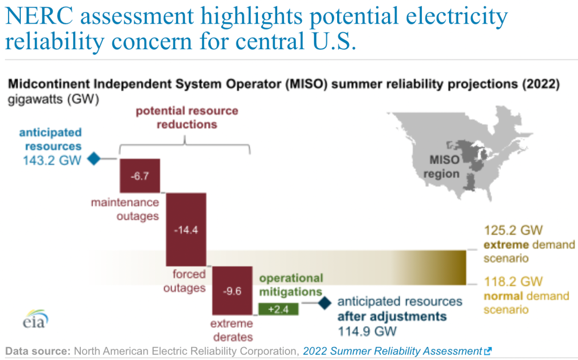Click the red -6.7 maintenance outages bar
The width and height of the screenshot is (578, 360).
coord(140,176)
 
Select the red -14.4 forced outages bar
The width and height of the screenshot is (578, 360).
coord(186,229)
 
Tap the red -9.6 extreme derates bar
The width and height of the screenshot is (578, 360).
coord(232,290)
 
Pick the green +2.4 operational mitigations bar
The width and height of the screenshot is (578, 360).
coord(278,309)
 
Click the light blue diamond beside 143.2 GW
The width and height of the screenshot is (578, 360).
coord(94,159)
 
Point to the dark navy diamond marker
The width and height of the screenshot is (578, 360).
coord(325,303)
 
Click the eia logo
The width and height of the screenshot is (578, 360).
coord(35,319)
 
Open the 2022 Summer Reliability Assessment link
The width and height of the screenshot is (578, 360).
coord(393,351)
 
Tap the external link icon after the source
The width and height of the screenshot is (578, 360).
coord(488,351)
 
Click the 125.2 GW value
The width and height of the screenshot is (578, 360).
coord(513,231)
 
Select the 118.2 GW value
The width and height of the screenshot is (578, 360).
coord(513,281)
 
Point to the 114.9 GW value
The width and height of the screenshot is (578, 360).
coord(368,331)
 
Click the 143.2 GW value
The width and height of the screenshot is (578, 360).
coord(52,160)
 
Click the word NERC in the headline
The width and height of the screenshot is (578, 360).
coord(39,16)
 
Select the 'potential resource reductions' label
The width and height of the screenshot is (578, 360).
coord(187,118)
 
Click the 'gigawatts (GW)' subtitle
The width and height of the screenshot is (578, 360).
coord(54,99)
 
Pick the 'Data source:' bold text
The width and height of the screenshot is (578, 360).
coord(38,351)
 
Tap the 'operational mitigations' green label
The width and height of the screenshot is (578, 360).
coord(291,285)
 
